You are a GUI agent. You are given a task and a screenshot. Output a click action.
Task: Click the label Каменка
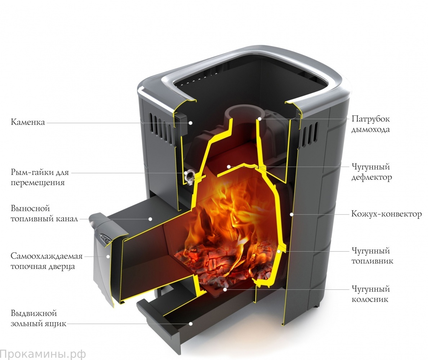pos(28,122)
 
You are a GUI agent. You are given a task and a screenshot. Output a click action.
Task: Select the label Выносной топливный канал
pos(44,213)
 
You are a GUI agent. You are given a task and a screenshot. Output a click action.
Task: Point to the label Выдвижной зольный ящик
pos(39,318)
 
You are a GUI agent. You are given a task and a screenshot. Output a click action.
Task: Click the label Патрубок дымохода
pos(370,124)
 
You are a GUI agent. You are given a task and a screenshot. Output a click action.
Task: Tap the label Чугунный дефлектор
pos(371,172)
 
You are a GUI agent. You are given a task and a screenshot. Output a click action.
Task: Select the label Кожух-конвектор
pos(386,214)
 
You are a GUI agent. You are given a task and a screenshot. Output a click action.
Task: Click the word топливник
pos(372,261)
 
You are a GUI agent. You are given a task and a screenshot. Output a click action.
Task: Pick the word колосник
pos(370,300)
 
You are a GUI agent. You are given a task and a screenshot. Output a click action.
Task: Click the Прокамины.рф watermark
pos(43,354)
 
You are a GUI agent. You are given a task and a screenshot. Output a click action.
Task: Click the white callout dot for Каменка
pos(191,123)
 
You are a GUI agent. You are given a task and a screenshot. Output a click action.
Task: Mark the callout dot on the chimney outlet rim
pos(259,119)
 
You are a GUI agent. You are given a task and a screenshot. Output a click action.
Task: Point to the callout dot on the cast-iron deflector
pos(229,166)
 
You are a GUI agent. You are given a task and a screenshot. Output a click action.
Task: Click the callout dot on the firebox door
pos(108,256)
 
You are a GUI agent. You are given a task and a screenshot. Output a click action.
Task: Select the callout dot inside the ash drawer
pos(191,324)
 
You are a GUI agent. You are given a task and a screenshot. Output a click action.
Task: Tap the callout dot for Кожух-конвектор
pos(292,214)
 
